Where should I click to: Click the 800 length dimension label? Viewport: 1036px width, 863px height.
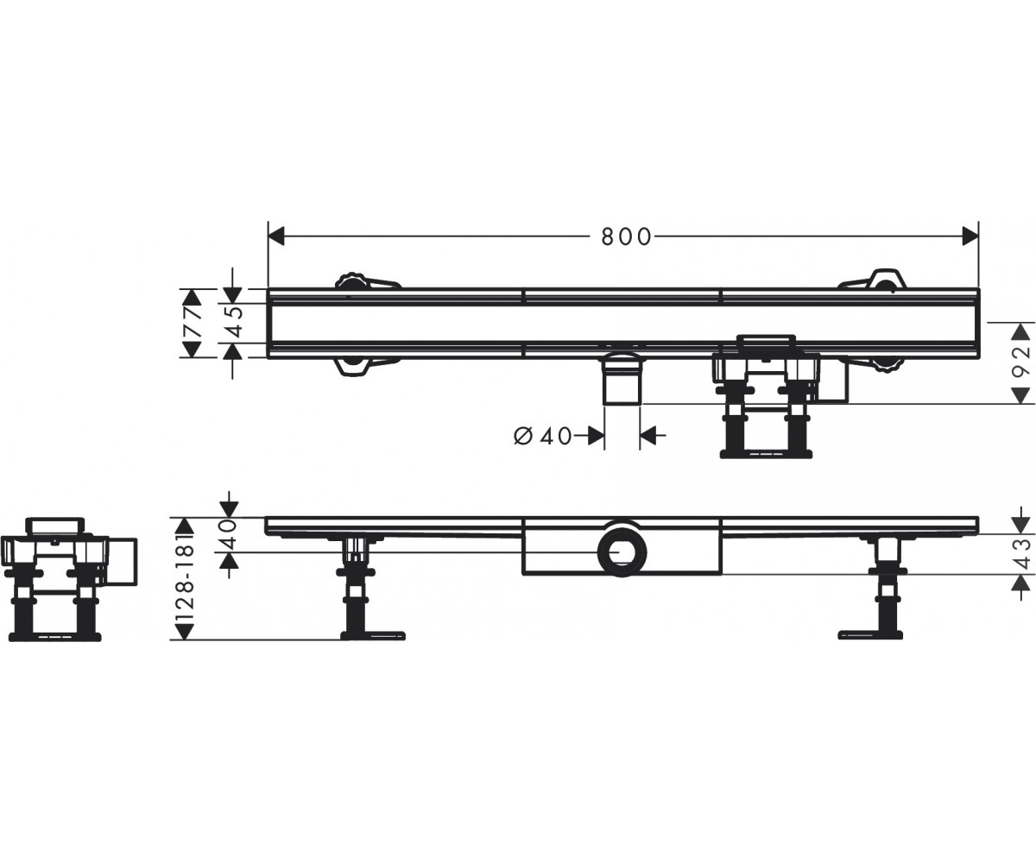click(x=626, y=237)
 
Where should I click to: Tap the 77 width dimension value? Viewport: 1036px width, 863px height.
click(x=193, y=323)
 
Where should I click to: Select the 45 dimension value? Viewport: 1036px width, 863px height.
click(x=234, y=323)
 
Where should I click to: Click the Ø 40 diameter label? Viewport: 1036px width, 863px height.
click(x=543, y=437)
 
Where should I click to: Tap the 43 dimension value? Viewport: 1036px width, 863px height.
click(x=1020, y=554)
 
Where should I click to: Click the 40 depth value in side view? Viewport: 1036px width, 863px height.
click(x=229, y=535)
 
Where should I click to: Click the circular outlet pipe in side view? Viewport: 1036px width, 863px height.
click(x=622, y=552)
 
